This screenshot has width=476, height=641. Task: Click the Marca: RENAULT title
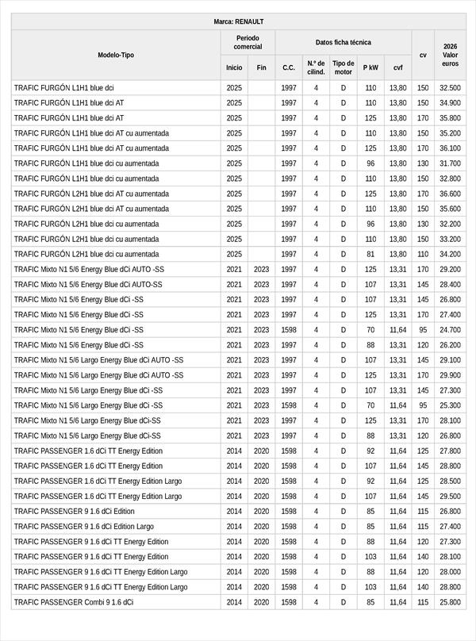[238, 21]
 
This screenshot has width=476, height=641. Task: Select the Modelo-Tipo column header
[116, 55]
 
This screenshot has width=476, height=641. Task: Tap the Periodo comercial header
[248, 42]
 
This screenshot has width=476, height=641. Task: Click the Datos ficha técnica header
[343, 42]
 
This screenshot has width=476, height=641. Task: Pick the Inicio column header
[234, 68]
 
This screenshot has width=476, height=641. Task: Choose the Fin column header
[261, 68]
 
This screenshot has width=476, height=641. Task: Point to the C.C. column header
[289, 68]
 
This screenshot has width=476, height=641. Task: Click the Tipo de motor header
[344, 67]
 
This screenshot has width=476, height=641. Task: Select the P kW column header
[370, 68]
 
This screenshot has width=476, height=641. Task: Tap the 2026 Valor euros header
[450, 55]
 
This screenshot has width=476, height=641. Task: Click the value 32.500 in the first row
[450, 88]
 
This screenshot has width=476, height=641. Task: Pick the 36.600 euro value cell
[450, 194]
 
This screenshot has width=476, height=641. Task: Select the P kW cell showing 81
[370, 254]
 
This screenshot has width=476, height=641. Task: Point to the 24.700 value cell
[450, 329]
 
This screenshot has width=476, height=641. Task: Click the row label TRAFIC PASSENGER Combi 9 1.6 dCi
[74, 602]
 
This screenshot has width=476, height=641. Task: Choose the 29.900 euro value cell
[450, 375]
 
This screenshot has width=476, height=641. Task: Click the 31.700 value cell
[450, 163]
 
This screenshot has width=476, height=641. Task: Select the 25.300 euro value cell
[450, 405]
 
